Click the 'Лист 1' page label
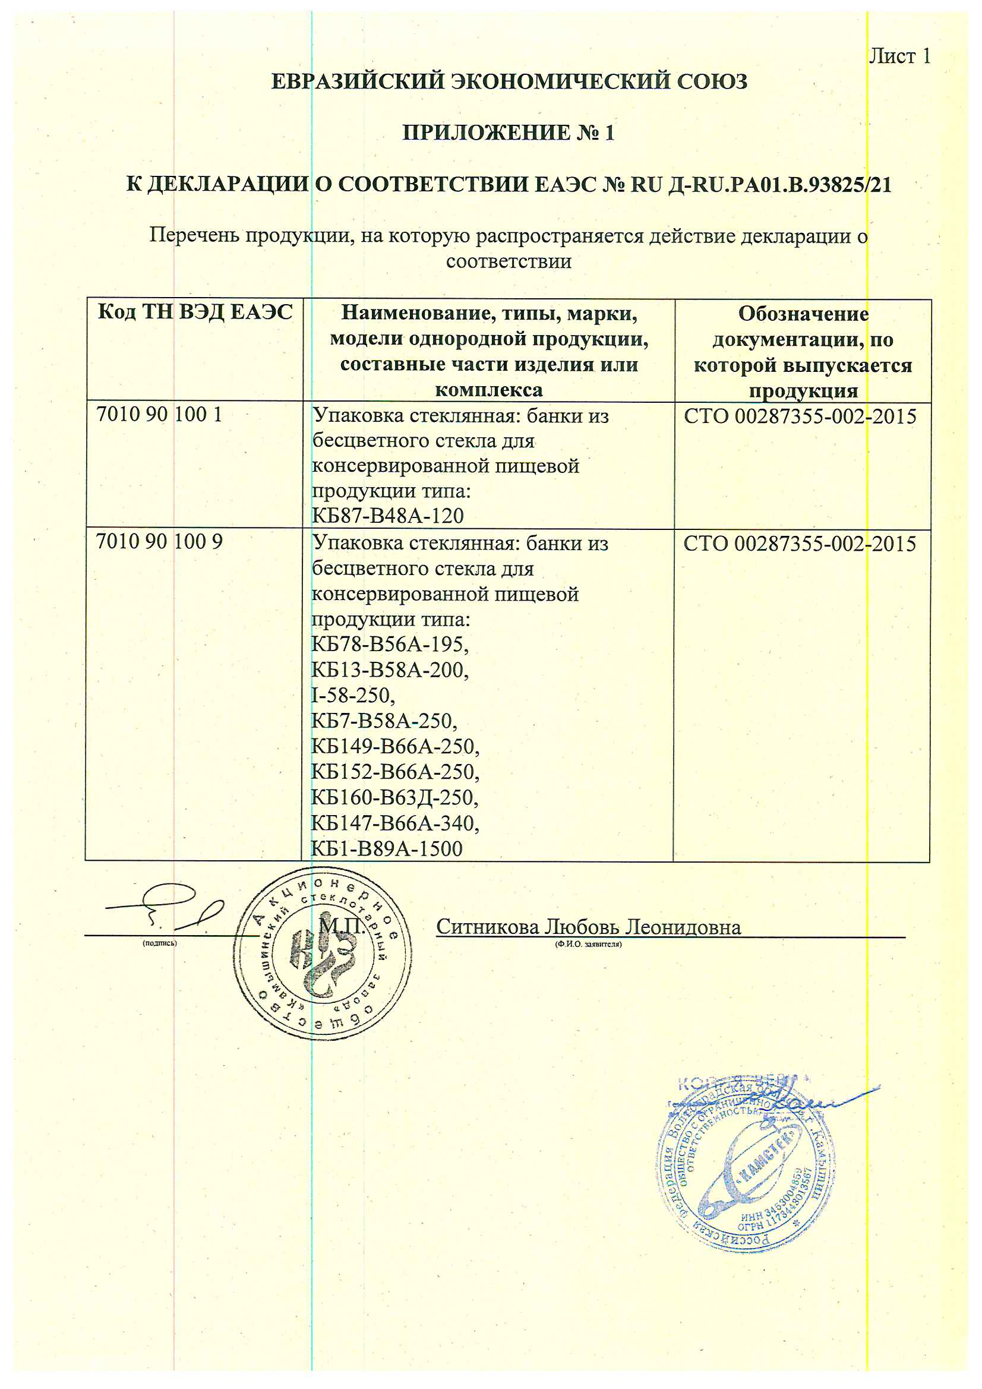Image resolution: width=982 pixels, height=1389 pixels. [x=899, y=56]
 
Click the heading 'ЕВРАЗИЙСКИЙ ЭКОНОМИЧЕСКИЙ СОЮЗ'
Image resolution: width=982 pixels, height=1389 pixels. [x=509, y=81]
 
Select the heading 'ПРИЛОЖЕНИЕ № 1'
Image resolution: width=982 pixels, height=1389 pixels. [x=509, y=132]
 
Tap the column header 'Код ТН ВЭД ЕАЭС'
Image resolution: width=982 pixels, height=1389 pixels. [x=195, y=312]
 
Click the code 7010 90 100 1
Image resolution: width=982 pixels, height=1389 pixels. [x=159, y=415]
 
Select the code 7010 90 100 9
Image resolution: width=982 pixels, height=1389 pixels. [x=159, y=541]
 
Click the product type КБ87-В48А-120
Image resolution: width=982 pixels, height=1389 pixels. [x=387, y=516]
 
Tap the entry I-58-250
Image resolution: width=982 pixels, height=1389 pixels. [x=353, y=695]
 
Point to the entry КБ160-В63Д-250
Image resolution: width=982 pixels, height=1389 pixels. [x=394, y=797]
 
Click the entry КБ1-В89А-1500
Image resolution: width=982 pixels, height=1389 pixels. [x=387, y=849]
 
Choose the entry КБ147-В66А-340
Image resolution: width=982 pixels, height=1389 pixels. [x=394, y=823]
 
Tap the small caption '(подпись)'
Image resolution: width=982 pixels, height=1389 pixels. [x=160, y=943]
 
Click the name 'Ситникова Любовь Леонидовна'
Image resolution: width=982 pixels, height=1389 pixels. [x=588, y=927]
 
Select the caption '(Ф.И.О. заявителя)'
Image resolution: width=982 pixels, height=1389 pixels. [x=588, y=944]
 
